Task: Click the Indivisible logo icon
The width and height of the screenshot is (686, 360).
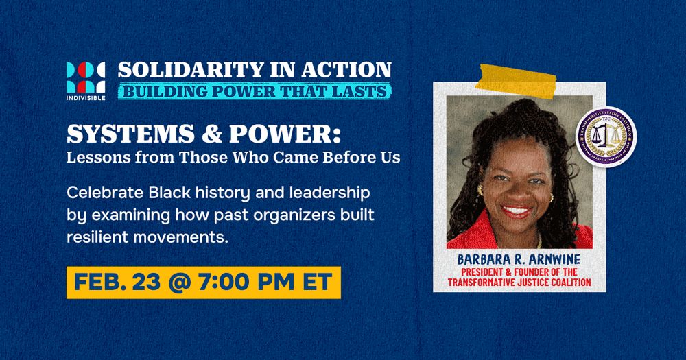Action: click(x=85, y=76)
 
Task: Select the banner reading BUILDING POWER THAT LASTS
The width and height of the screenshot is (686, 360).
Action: click(x=255, y=91)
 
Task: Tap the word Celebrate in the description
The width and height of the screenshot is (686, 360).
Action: click(x=99, y=193)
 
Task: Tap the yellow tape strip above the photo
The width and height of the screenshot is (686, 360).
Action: click(x=521, y=81)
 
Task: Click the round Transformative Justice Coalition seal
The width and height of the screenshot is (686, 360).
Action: click(x=606, y=136)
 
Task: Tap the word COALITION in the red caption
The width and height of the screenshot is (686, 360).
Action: click(x=566, y=283)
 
